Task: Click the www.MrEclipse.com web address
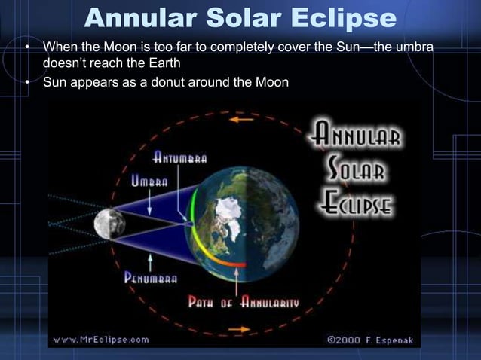(x=101, y=339)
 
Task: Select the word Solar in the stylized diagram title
(x=357, y=169)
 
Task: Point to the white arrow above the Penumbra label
(x=152, y=260)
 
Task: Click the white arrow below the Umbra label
(x=152, y=202)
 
